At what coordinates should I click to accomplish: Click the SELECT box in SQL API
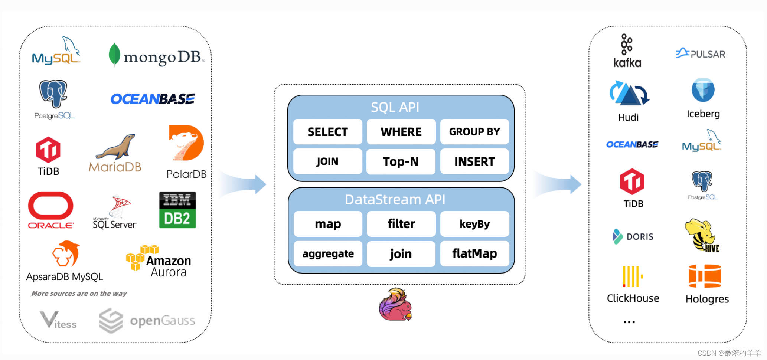(x=327, y=132)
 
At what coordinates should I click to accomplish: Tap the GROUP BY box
(x=474, y=132)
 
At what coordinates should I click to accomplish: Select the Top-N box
(x=401, y=161)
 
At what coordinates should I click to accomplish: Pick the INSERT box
(x=474, y=161)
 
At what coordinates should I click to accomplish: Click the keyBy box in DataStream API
(x=474, y=224)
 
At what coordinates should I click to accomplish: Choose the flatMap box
(x=474, y=253)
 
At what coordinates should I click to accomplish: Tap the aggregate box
(x=327, y=253)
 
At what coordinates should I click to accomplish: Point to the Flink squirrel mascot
(x=395, y=305)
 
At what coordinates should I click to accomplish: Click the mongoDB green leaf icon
(x=114, y=55)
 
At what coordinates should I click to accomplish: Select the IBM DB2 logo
(x=177, y=210)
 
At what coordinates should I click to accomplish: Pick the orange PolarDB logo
(x=186, y=143)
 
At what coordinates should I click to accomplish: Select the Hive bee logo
(x=701, y=235)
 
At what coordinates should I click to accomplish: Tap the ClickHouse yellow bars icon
(x=632, y=276)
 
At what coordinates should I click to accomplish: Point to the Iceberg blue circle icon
(x=703, y=90)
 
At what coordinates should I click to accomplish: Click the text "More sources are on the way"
(x=79, y=294)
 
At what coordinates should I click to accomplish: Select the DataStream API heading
(x=395, y=200)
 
